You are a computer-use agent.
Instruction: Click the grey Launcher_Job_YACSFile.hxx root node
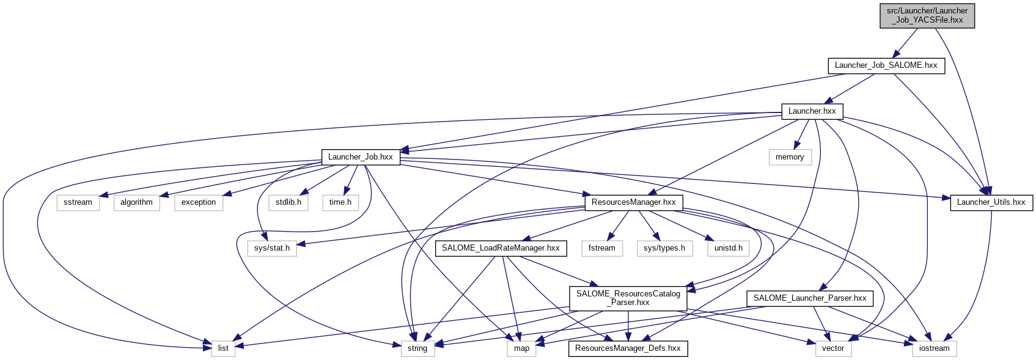coord(927,15)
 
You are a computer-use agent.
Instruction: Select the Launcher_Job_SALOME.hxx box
coord(886,65)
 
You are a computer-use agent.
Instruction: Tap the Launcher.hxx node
coord(812,111)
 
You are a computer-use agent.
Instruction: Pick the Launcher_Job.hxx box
coord(360,157)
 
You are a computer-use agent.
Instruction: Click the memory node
coord(790,157)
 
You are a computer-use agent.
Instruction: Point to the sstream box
coord(78,202)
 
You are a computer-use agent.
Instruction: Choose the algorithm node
coord(136,202)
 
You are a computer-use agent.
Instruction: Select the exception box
coord(199,202)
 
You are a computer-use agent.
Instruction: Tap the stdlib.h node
coord(288,202)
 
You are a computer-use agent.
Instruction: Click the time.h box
coord(340,202)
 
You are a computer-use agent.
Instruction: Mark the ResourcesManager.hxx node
coord(633,202)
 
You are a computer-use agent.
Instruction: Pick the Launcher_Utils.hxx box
coord(991,202)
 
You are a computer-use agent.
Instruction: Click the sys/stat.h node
coord(272,248)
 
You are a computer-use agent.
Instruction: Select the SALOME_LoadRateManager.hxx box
coord(501,248)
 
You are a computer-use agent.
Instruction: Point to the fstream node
coord(601,248)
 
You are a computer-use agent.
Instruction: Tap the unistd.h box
coord(728,248)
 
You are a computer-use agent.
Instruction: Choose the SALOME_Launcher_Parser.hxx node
coord(810,298)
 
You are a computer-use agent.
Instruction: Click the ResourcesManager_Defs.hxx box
coord(628,348)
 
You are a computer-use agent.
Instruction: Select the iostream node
coord(935,348)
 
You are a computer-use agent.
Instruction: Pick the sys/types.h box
coord(664,248)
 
